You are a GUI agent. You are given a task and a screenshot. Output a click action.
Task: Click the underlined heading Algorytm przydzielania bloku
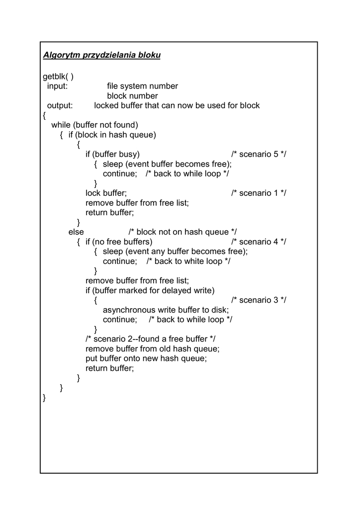point(101,55)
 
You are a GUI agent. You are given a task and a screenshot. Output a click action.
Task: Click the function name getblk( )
point(58,77)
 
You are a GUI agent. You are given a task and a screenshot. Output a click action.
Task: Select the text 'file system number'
point(142,86)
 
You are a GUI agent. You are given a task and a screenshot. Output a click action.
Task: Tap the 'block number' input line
point(132,96)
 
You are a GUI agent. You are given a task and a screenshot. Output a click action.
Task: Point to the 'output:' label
point(60,106)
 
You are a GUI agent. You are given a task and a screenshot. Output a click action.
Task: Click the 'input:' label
point(57,86)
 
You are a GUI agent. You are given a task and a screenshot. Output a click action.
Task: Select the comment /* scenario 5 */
point(259,155)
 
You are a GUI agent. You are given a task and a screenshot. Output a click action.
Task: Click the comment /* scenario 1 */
point(259,193)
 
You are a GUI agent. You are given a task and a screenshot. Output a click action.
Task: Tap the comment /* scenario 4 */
point(259,242)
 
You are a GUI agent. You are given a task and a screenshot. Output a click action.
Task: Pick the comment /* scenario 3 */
point(259,300)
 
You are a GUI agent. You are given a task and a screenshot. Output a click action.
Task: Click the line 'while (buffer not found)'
point(94,125)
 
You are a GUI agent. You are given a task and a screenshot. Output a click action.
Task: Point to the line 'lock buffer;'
point(106,193)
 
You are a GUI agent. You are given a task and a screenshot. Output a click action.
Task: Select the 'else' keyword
point(76,232)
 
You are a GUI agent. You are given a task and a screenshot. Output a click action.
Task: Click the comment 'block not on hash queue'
point(182,232)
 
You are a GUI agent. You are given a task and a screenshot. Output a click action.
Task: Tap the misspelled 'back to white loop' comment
point(188,261)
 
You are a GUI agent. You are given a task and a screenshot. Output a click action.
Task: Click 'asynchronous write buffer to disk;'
point(166,310)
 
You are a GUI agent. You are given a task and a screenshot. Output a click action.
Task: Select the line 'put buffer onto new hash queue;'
point(146,358)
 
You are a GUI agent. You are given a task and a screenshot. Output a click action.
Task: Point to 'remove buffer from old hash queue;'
point(152,349)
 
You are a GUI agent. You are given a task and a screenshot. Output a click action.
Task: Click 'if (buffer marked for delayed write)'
point(150,290)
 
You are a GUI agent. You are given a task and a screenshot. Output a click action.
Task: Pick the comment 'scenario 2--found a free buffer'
point(150,339)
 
